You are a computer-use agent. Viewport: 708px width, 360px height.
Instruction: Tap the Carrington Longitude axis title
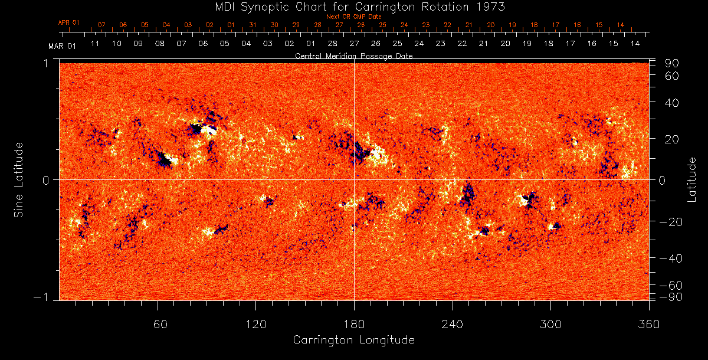353,340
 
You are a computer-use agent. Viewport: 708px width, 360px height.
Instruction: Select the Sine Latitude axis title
19,179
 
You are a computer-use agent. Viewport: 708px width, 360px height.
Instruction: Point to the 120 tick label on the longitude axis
256,324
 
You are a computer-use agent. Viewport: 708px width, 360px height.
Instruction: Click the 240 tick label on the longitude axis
453,324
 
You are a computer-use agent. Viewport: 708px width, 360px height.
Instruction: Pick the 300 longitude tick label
550,324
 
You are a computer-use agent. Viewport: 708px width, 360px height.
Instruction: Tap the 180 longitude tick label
354,324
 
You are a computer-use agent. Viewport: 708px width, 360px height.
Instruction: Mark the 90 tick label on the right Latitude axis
673,63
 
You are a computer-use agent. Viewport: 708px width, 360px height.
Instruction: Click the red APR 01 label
68,22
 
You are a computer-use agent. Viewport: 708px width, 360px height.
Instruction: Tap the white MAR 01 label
63,45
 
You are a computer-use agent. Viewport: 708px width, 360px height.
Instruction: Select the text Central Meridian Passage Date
353,56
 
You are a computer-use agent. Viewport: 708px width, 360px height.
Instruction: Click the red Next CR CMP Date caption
354,17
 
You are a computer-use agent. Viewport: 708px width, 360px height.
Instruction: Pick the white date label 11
94,44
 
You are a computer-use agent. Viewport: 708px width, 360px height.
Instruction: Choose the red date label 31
253,25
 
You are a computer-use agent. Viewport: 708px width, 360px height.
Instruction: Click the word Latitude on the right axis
691,179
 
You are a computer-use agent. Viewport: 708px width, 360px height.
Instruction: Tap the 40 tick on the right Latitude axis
673,103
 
